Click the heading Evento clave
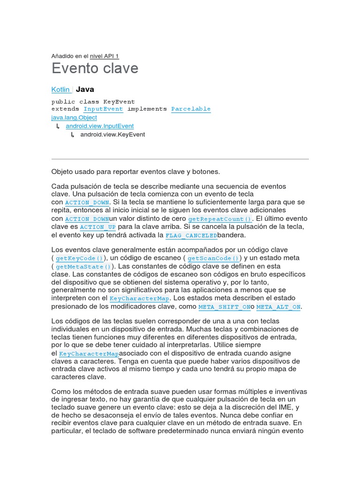click(x=95, y=68)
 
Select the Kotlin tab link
click(x=61, y=90)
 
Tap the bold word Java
click(x=85, y=89)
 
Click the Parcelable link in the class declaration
click(x=191, y=109)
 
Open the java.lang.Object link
click(x=74, y=118)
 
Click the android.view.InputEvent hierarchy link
click(x=99, y=126)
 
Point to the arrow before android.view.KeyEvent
click(x=73, y=135)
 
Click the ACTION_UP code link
click(x=98, y=227)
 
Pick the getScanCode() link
click(x=213, y=258)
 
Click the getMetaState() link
click(x=83, y=267)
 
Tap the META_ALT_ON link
click(x=278, y=307)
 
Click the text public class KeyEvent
click(x=93, y=101)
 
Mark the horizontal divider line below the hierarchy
click(x=180, y=159)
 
